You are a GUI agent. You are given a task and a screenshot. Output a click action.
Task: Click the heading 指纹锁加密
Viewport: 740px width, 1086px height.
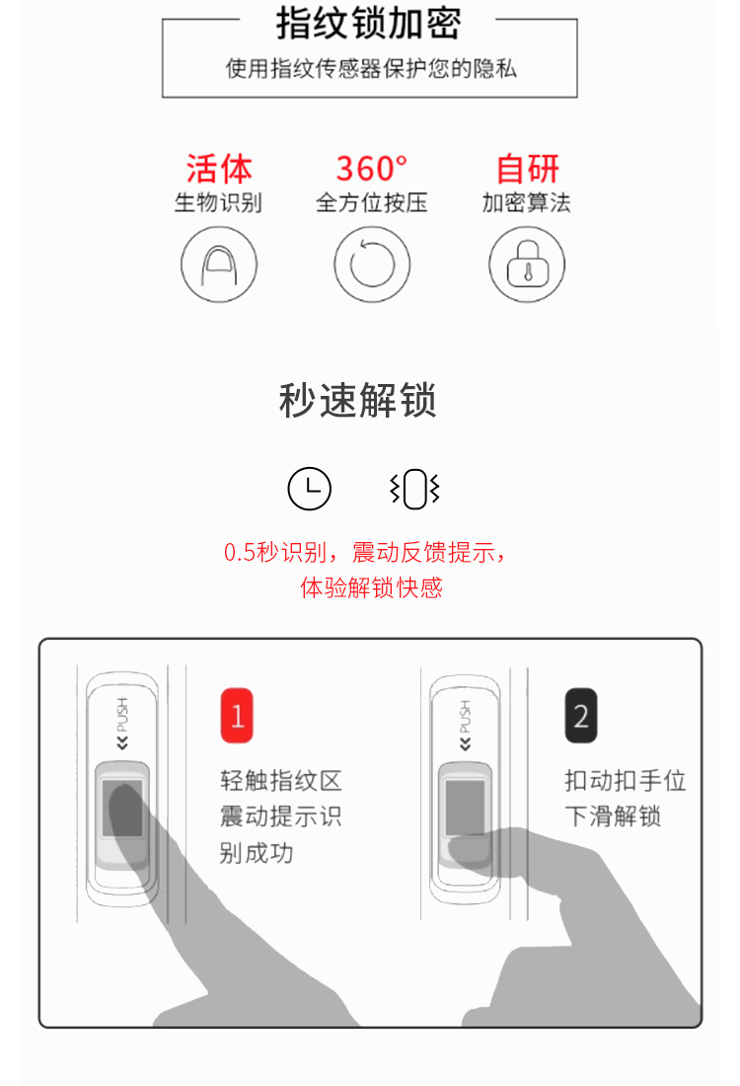point(368,24)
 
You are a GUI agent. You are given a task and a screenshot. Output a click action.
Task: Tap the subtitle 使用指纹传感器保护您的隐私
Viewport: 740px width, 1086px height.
point(371,68)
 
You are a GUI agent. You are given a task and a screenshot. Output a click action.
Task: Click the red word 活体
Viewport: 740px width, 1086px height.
point(219,168)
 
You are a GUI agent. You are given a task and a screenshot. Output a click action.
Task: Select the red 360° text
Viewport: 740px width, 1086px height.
point(372,168)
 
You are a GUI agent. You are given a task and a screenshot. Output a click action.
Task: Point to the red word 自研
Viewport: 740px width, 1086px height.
point(528,168)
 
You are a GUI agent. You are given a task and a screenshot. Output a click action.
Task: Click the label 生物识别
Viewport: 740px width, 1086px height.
point(218,202)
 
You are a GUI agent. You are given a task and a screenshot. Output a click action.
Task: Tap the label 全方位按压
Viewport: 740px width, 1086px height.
point(372,202)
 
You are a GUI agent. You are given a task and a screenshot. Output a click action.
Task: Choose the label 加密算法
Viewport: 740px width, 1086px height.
point(527,202)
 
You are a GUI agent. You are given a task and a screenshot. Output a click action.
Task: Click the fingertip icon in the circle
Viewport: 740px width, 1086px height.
point(219,265)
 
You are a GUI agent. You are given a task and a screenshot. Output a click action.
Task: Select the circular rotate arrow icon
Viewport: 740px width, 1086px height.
point(372,265)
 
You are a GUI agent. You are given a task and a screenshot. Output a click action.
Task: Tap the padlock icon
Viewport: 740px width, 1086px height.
point(527,265)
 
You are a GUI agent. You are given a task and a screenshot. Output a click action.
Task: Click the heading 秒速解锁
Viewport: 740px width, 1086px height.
point(358,400)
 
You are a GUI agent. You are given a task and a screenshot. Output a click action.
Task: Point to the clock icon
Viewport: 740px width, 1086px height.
point(310,489)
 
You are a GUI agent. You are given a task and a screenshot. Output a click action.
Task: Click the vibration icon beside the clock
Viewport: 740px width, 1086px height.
point(414,489)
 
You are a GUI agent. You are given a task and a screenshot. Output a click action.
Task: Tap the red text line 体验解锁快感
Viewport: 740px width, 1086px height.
point(372,587)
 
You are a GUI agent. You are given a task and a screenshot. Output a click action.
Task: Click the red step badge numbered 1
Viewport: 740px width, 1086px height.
point(237,716)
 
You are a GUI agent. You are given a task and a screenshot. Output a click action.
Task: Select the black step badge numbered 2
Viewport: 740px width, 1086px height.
point(581,716)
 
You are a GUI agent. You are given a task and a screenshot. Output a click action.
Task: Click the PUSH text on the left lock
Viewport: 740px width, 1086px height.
point(122,715)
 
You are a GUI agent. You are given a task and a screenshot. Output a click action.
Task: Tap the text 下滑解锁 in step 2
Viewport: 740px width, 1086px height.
point(613,815)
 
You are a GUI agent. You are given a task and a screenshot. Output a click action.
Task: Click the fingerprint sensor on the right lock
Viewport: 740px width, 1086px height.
point(465,808)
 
